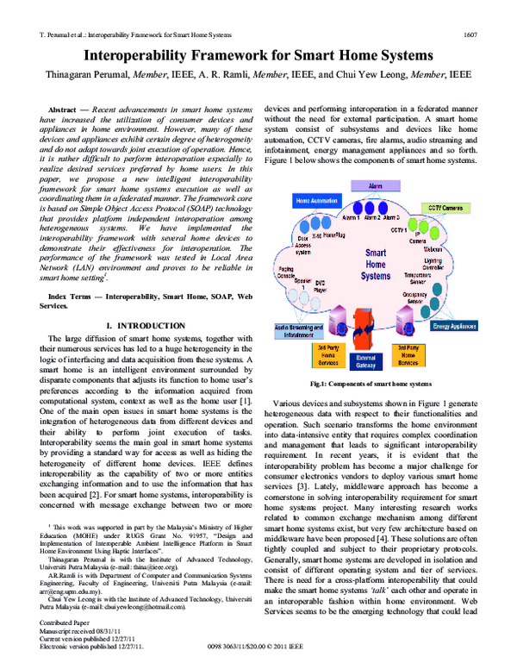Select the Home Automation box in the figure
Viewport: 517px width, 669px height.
point(316,200)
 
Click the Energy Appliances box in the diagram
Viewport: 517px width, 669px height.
point(454,327)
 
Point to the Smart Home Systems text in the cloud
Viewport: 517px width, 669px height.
point(376,265)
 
